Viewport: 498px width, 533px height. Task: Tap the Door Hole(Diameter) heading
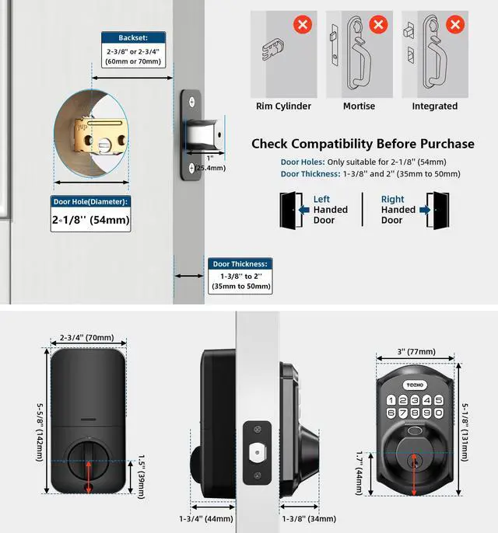[90, 202]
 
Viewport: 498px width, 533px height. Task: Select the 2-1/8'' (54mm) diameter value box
[90, 221]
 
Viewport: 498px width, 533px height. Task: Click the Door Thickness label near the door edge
[241, 263]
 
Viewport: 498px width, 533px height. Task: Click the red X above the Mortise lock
[377, 24]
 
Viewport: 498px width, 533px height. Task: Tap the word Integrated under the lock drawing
[434, 106]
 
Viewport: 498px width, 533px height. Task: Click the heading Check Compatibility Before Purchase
[363, 144]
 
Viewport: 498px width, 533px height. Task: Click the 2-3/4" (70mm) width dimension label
[86, 339]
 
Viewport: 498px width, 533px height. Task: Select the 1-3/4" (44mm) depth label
[206, 518]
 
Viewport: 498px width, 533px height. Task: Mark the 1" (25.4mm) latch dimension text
[210, 163]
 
